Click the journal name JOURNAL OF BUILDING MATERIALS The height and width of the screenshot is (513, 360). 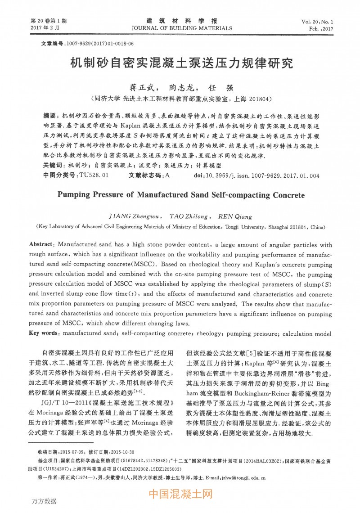(182, 28)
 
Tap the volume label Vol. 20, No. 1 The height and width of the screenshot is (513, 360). (317, 22)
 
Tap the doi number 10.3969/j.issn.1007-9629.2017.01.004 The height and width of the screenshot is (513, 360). (263, 176)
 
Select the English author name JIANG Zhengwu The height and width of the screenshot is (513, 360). (132, 216)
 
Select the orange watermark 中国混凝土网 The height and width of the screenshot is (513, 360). (180, 495)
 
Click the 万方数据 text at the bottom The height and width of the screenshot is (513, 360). (44, 501)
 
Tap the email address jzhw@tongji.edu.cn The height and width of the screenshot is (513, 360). (243, 478)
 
